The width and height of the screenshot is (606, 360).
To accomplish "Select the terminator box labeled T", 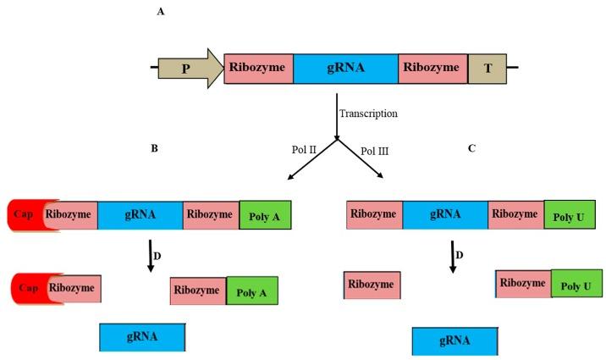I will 487,68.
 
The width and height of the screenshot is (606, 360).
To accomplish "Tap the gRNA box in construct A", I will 345,68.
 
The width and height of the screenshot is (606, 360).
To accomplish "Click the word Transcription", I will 368,113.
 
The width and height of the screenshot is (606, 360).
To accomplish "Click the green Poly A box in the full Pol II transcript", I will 265,216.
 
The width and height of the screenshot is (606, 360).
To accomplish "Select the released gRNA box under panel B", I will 142,336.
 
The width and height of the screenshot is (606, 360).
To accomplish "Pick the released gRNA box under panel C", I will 454,341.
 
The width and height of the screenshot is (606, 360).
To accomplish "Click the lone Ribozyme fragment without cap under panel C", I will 372,286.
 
